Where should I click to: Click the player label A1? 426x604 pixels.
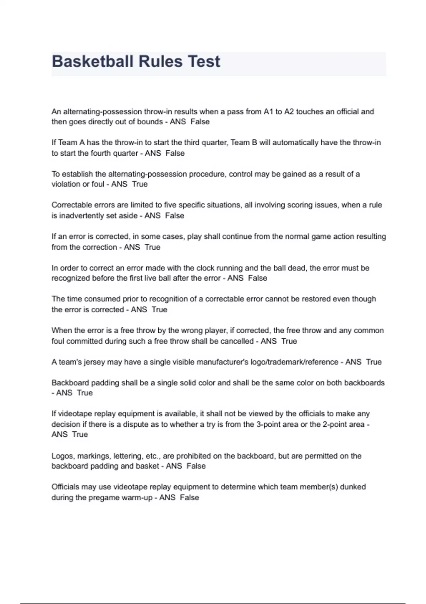268,112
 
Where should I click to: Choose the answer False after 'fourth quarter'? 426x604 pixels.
175,153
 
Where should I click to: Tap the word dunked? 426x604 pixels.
353,487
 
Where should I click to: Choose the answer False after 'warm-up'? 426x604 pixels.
189,497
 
